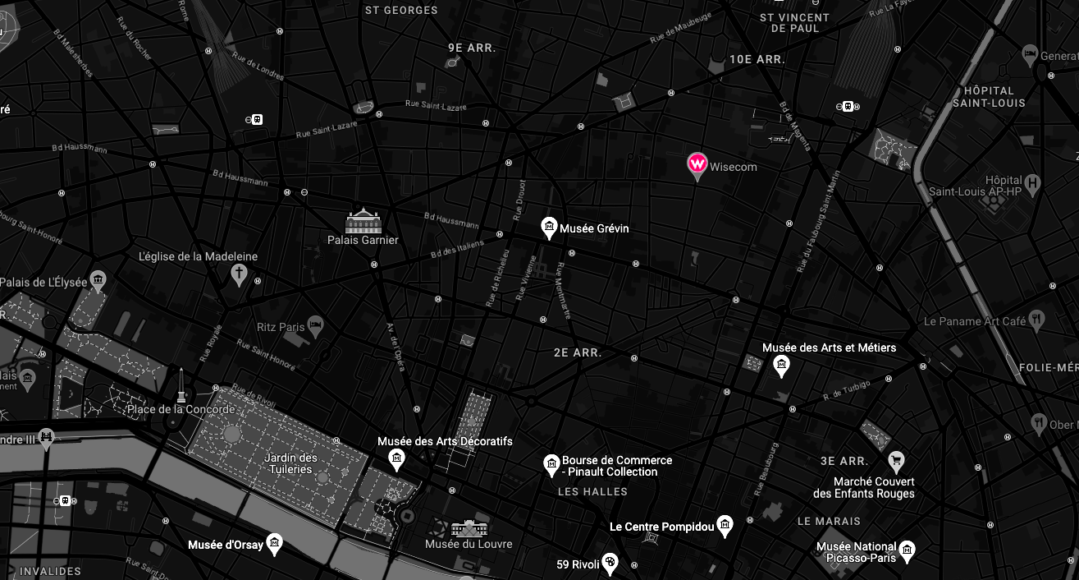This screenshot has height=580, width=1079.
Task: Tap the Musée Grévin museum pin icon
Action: pos(549,227)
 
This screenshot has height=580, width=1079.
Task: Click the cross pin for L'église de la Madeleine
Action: pos(239,272)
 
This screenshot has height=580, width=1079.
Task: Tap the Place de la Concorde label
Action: pos(181,409)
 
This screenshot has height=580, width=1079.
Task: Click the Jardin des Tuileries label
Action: pos(290,463)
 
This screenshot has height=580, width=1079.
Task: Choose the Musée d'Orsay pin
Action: pos(274,543)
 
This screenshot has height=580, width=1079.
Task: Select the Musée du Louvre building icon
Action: pos(469,528)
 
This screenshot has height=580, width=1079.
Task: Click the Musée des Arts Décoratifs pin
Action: pos(396,458)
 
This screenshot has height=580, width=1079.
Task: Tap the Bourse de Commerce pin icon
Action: pos(551,465)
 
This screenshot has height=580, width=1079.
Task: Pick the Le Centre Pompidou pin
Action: pos(724,525)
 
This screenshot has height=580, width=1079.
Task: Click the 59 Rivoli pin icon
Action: pos(610,563)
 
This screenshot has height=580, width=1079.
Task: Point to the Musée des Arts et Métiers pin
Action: pos(781,365)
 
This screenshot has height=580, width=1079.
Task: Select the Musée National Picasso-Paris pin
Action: pos(907,550)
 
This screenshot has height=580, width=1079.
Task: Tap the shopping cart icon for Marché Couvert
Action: pos(896,460)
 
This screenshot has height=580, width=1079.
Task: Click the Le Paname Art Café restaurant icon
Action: pos(1037,320)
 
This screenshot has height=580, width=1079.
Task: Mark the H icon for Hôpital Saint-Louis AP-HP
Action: pos(1032,182)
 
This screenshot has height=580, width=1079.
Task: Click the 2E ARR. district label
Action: pos(578,352)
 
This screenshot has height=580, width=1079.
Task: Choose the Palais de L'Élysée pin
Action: pos(98,281)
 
